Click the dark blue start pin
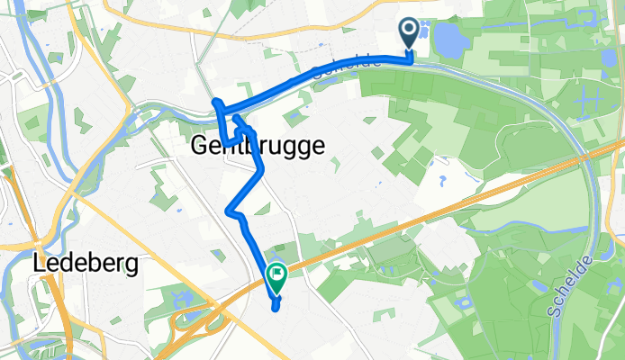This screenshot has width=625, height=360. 408,33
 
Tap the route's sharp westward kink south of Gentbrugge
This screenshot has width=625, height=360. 228,211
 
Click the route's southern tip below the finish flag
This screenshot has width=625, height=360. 275,309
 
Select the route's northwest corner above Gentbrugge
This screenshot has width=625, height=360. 216,102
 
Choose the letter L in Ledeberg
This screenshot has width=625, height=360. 39,264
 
